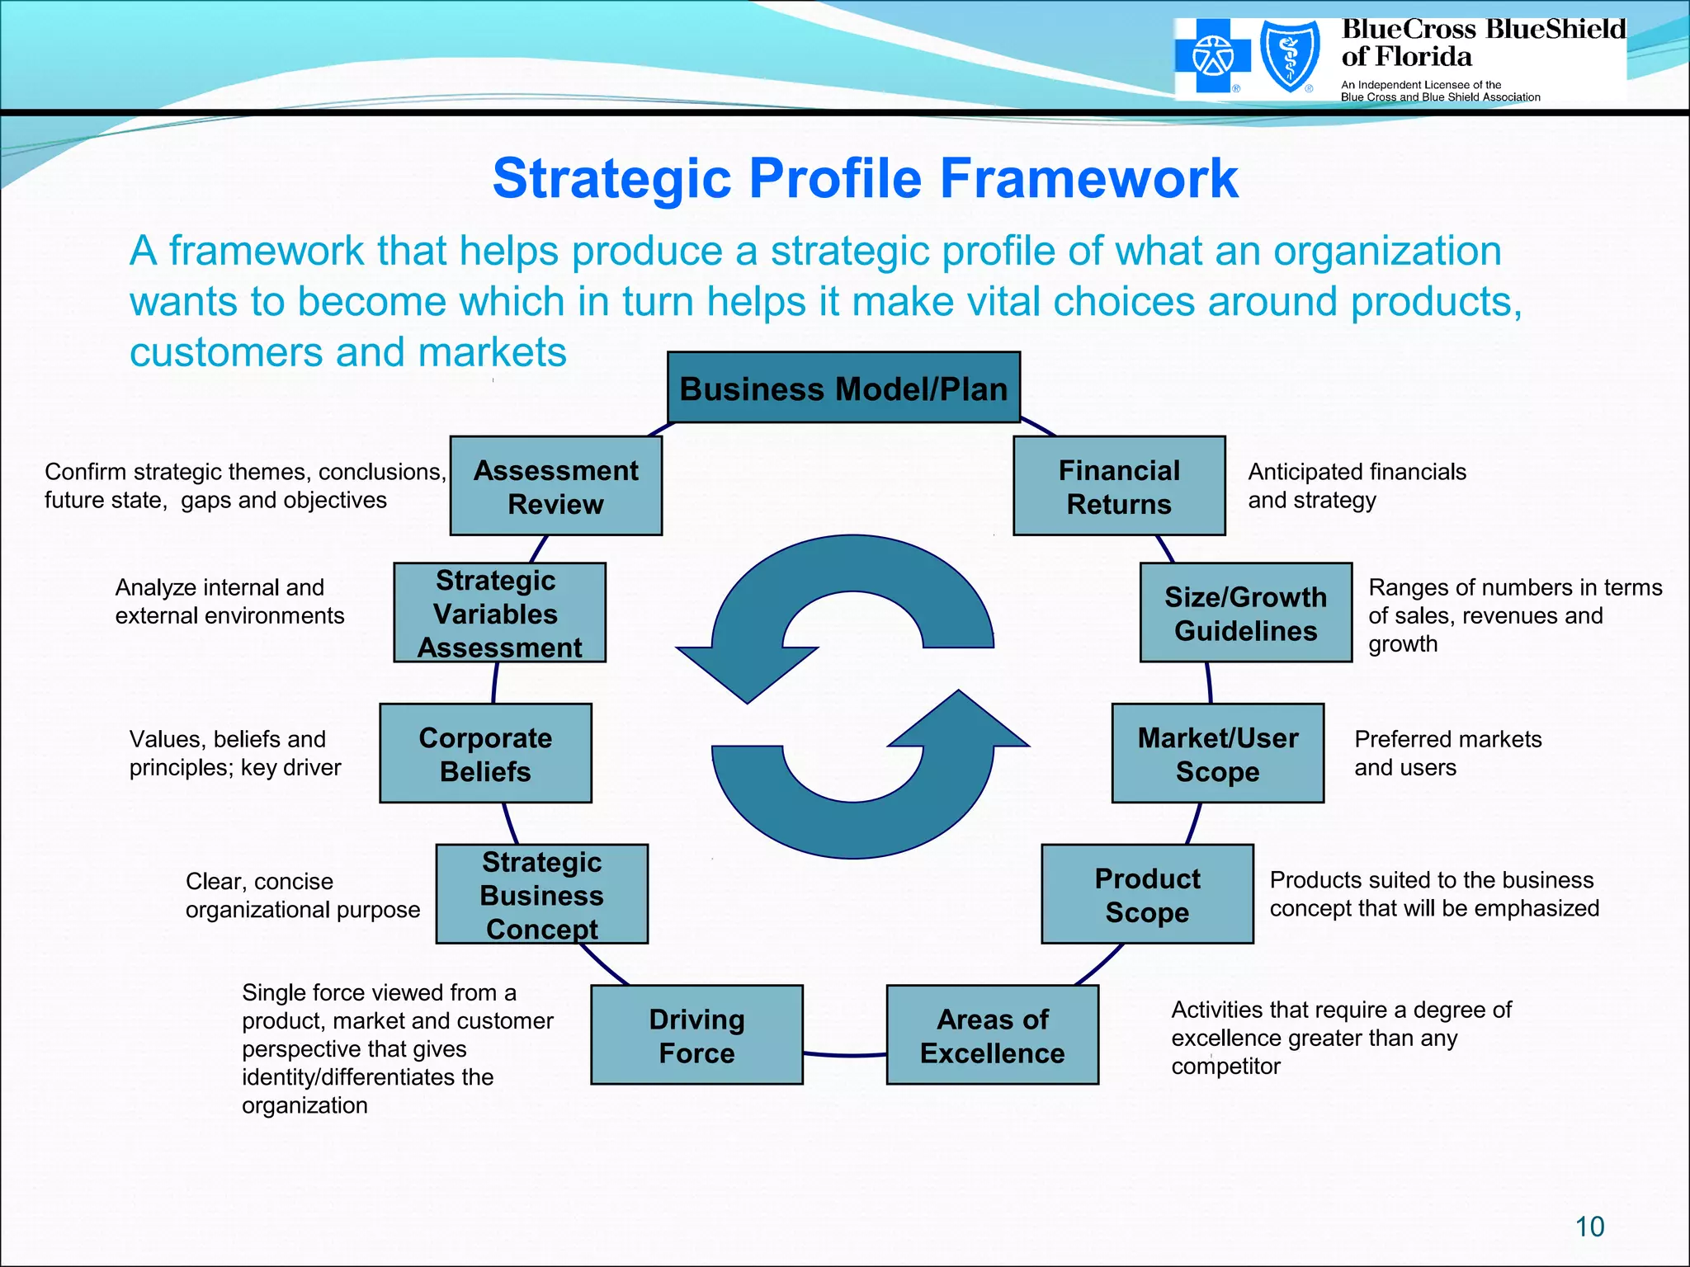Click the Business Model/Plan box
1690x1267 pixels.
843,388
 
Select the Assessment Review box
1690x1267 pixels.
555,486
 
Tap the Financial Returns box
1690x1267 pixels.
1119,486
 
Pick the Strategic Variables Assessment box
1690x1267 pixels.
499,613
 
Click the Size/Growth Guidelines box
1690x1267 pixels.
1245,613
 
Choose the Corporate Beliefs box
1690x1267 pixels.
485,753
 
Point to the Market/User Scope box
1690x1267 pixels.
1217,753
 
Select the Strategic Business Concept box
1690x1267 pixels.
541,894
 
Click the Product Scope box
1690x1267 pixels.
1147,894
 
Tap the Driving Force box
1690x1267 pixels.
696,1035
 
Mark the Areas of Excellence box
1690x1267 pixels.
992,1035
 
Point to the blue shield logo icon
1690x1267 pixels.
1290,57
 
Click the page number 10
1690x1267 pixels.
1589,1227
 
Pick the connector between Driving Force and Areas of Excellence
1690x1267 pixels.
844,1054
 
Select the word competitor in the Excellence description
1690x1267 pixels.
1225,1067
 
